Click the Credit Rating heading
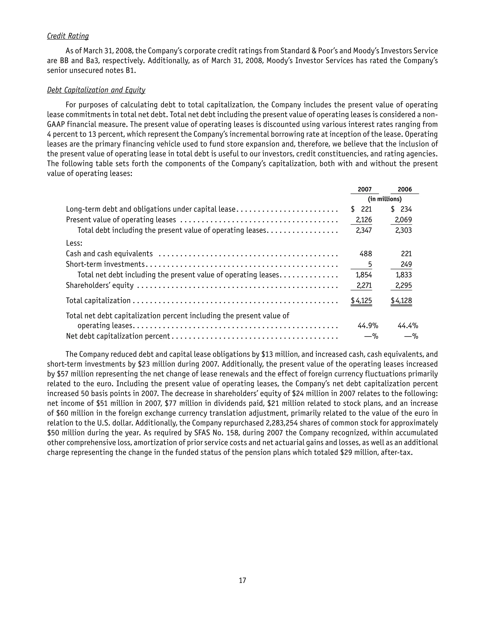click(68, 36)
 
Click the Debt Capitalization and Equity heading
click(96, 90)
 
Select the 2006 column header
click(404, 189)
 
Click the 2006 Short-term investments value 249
click(406, 264)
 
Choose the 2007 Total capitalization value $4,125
click(361, 300)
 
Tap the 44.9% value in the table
click(368, 326)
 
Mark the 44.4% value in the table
click(408, 326)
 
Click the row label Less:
click(74, 243)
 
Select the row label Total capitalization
click(98, 300)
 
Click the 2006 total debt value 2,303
click(404, 230)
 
